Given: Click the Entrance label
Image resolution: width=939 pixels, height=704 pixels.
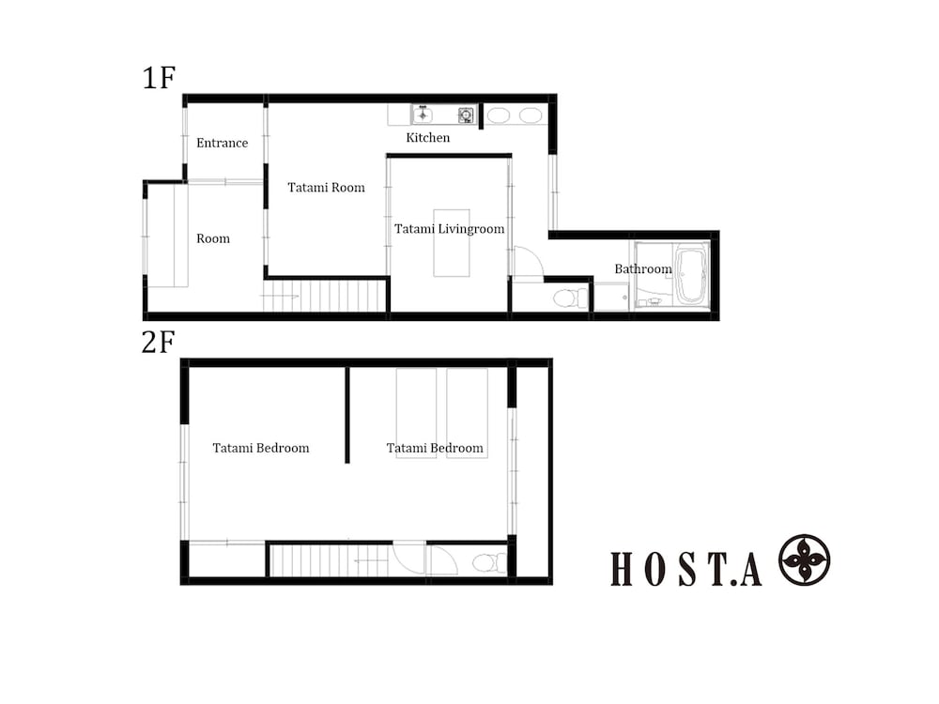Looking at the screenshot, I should click(x=222, y=143).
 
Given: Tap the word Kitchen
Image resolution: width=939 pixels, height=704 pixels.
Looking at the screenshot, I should click(x=427, y=138).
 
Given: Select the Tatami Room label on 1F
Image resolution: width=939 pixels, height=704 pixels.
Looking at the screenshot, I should click(x=326, y=188).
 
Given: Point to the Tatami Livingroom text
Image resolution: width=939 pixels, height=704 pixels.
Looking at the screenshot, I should click(x=449, y=229).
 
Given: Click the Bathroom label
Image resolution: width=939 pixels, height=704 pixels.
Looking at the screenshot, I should click(x=643, y=269).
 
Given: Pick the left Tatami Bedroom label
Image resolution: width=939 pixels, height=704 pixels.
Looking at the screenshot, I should click(x=260, y=448).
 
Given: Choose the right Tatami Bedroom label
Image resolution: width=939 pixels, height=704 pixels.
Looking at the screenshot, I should click(x=435, y=448).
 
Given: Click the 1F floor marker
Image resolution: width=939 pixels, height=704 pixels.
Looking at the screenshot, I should click(x=159, y=78).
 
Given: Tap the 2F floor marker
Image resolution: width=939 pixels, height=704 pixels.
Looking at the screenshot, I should click(x=159, y=343).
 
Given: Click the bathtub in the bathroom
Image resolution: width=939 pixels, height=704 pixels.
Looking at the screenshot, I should click(x=692, y=273).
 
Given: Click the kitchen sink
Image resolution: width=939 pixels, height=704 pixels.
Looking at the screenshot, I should click(x=423, y=115).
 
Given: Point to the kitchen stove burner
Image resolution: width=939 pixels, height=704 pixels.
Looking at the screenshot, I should click(x=465, y=115).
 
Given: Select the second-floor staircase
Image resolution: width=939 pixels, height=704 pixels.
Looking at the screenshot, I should click(x=329, y=561).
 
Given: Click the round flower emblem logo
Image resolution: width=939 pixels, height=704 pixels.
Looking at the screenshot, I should click(x=804, y=560).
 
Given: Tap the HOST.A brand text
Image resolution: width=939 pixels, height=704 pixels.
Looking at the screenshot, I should click(x=686, y=569).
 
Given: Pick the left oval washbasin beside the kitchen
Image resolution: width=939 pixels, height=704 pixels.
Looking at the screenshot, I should click(x=500, y=115).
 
